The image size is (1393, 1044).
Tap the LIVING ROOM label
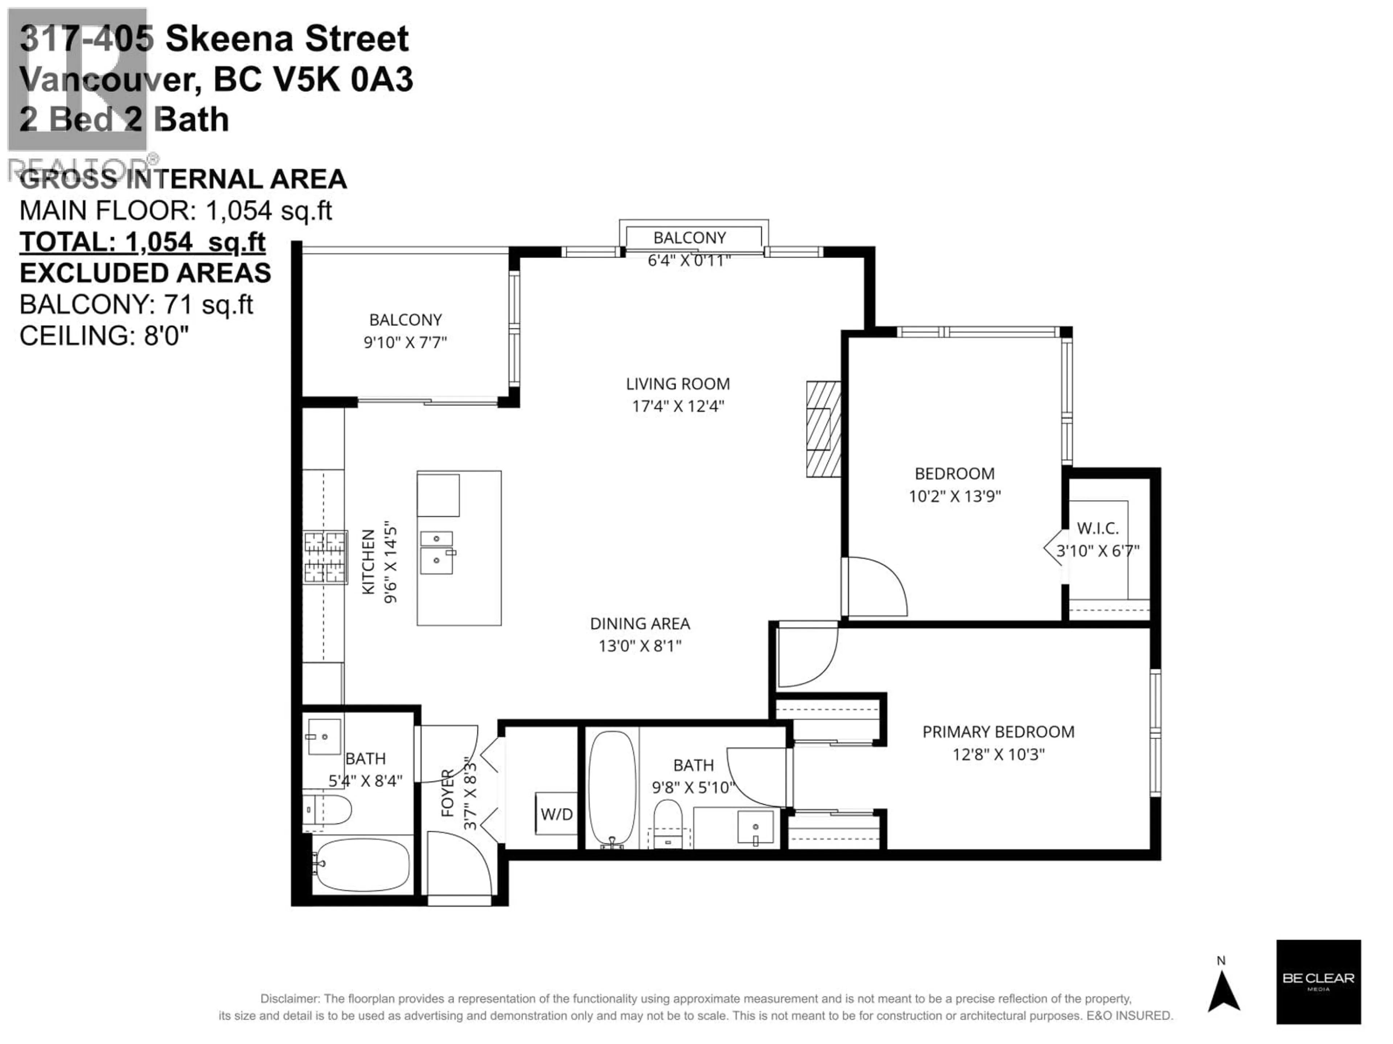678,384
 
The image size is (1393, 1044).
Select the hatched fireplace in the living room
823,429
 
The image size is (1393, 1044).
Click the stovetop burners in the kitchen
325,557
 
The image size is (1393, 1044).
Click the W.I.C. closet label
1098,528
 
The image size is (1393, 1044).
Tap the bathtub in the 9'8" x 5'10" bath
612,787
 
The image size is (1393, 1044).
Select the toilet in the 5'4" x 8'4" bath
328,809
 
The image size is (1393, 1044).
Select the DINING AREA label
640,623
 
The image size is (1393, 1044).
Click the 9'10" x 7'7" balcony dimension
405,342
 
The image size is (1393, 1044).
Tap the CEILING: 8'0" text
104,336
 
